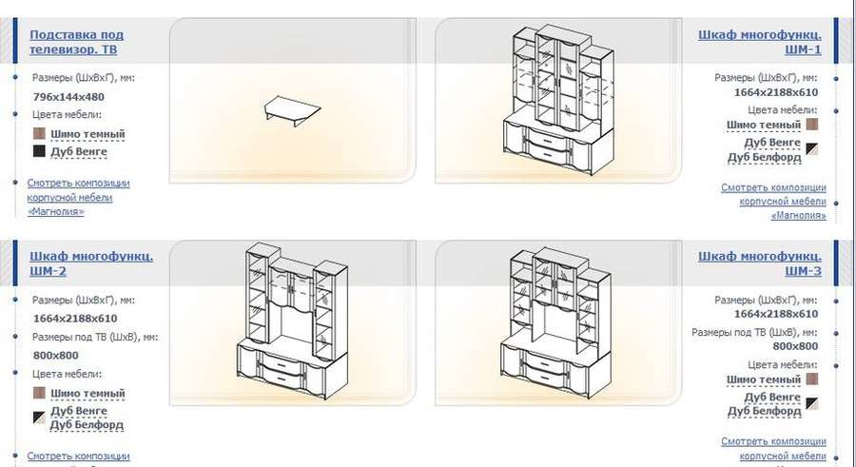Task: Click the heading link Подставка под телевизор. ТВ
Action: click(x=76, y=42)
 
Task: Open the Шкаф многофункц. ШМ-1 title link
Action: click(x=759, y=42)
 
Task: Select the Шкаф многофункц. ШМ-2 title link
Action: click(x=91, y=263)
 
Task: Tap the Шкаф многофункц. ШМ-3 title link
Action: click(x=759, y=263)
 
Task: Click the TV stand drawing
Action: click(x=292, y=110)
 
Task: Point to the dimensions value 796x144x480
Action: click(x=68, y=97)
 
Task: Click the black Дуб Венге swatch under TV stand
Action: click(x=39, y=151)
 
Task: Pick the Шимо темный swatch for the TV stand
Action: click(x=39, y=134)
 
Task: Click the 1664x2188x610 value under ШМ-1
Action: click(x=776, y=92)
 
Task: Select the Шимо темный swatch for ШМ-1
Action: click(x=812, y=125)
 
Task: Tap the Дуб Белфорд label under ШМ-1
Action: click(x=765, y=158)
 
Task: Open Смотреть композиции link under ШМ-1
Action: click(x=773, y=202)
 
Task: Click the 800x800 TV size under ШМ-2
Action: click(x=56, y=355)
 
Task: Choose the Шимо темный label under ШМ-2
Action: click(x=88, y=393)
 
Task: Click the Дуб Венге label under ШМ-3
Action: click(x=772, y=397)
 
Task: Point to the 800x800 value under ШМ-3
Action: click(x=795, y=346)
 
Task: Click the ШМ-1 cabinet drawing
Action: click(x=558, y=100)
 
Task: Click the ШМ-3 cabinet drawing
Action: click(x=555, y=322)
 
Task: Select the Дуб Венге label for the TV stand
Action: click(x=79, y=152)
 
